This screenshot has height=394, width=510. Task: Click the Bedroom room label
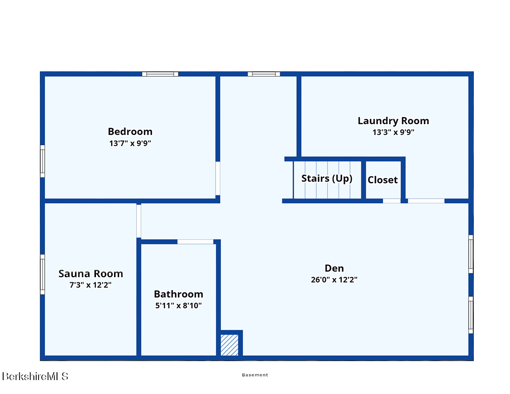[x=130, y=131]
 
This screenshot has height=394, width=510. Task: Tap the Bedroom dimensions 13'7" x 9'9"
[x=130, y=143]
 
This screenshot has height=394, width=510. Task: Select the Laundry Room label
[x=393, y=121]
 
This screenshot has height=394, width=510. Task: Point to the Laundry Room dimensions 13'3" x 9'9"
[x=393, y=132]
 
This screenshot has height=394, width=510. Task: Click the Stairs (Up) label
[x=326, y=178]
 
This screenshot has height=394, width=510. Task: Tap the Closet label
[x=382, y=180]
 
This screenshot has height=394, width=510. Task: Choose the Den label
[x=334, y=268]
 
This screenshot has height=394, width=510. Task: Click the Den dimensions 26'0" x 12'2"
[x=334, y=280]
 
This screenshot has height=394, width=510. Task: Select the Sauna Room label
[x=91, y=274]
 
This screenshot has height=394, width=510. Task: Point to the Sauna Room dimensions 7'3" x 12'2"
[x=90, y=285]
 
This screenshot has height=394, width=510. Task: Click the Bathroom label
[x=178, y=294]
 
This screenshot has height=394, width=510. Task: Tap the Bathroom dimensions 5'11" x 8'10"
[x=178, y=305]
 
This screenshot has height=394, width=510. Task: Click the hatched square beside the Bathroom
[x=229, y=345]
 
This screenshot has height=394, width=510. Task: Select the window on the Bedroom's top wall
[x=160, y=74]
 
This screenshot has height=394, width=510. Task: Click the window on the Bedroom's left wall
[x=42, y=161]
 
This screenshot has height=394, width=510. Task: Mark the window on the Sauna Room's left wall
[x=42, y=275]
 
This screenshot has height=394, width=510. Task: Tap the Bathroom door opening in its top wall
[x=195, y=242]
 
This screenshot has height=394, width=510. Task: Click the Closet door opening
[x=392, y=201]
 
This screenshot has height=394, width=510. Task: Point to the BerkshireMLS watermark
[x=35, y=376]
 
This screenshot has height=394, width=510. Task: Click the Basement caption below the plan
[x=255, y=375]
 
